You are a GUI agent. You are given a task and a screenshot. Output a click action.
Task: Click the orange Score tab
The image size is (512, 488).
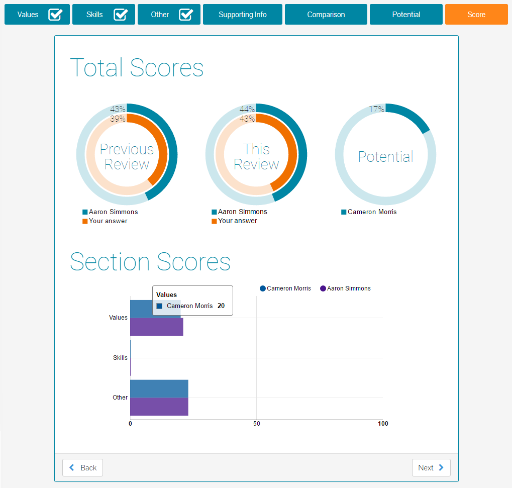pos(476,15)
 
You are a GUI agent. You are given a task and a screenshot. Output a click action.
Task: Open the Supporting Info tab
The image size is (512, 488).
pos(242,15)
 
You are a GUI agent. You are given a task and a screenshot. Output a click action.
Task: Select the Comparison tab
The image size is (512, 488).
pos(326,15)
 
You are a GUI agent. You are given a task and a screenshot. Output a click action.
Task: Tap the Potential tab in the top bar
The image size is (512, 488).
pos(406,15)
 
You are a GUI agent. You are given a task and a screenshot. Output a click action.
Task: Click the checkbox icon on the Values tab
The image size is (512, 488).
pos(55,15)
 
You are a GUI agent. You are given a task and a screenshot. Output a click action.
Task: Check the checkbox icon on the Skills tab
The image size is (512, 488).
pos(121,15)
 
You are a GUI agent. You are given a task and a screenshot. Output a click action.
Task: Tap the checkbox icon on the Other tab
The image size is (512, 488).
pos(186,15)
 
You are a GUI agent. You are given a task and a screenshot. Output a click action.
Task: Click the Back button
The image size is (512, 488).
pos(82,467)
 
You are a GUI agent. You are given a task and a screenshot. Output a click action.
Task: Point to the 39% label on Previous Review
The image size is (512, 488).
pos(118,119)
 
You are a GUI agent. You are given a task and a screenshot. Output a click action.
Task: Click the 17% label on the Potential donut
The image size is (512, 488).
pos(376,109)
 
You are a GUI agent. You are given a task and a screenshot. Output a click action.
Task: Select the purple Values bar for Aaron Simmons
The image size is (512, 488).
pos(156,327)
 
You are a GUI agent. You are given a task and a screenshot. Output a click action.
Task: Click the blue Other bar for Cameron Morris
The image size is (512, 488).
pos(159,388)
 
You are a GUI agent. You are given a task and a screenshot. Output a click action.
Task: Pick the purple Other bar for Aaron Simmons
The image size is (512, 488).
pos(159,407)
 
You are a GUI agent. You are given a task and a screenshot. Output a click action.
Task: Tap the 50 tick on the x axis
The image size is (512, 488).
pos(256,424)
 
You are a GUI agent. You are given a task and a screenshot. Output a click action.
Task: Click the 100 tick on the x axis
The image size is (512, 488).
pos(383,424)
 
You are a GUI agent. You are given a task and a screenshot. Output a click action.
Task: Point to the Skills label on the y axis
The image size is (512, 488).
pos(120,358)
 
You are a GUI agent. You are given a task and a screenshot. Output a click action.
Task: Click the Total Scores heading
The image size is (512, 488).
pos(137,67)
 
